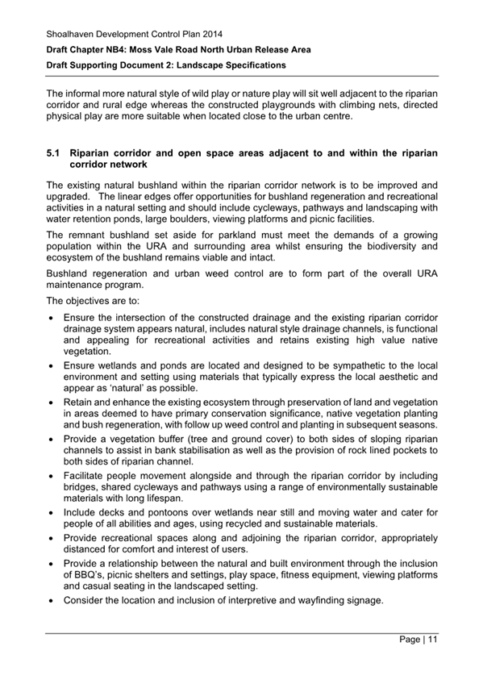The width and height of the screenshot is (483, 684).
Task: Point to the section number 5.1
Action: (x=53, y=152)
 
